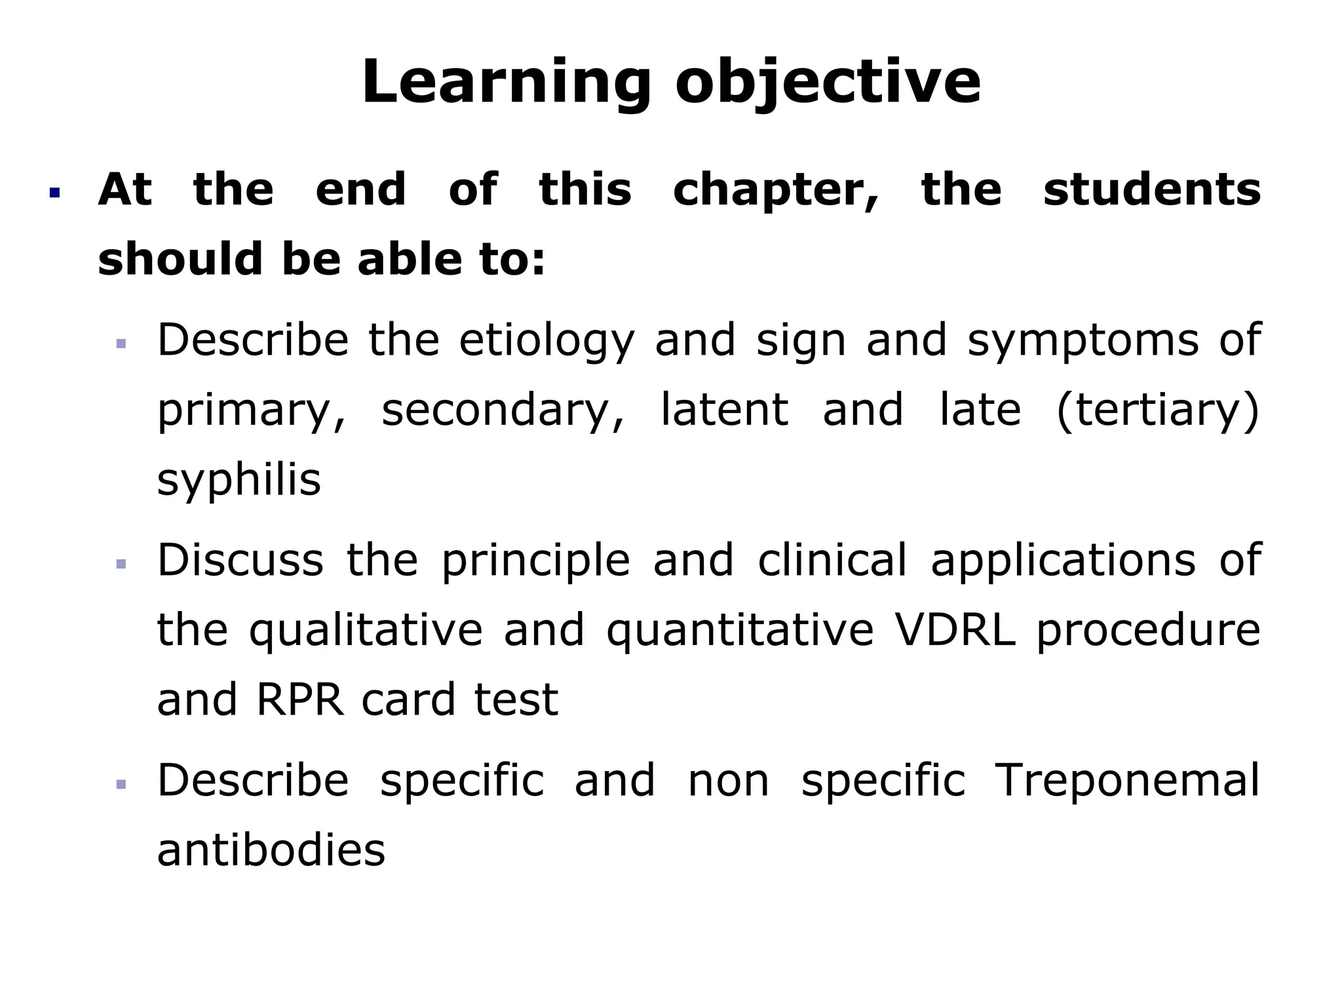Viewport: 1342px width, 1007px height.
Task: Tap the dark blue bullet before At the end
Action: point(54,193)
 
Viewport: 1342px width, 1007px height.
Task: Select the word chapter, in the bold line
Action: point(776,191)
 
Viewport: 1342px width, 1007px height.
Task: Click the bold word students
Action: point(1151,189)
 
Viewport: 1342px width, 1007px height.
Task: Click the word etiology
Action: point(546,341)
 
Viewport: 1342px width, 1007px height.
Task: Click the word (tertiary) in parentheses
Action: point(1159,410)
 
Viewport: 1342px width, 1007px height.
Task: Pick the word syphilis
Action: point(239,481)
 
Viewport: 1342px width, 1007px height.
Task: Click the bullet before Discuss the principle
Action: point(121,564)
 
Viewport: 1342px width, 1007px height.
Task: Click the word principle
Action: point(535,562)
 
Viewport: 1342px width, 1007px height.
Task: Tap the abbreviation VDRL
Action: point(954,630)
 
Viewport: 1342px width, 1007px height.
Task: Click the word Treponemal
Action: point(1127,781)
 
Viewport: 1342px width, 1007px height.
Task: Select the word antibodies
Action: point(271,850)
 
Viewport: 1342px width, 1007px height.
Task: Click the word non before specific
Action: point(728,782)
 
